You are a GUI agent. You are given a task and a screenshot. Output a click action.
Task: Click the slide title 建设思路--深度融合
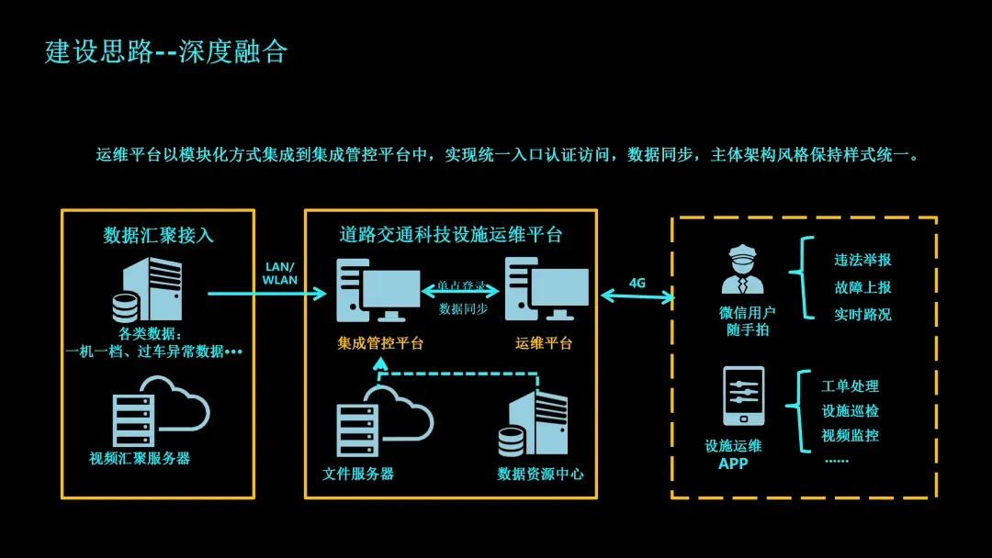[166, 51]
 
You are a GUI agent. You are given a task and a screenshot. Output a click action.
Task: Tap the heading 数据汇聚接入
[158, 235]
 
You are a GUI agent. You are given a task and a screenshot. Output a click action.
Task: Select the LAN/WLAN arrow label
[280, 273]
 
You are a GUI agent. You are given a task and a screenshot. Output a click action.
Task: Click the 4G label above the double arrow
[637, 283]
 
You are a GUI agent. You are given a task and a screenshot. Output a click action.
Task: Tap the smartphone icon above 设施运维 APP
[743, 396]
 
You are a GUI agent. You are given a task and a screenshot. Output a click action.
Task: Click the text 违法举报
[862, 260]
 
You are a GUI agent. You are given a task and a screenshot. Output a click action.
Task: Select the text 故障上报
[862, 287]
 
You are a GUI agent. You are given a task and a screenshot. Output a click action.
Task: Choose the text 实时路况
[862, 314]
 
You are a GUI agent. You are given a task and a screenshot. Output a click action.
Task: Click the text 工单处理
[850, 386]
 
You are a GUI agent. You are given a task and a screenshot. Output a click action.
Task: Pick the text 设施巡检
[850, 410]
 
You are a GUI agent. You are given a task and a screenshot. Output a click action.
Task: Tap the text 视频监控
[850, 435]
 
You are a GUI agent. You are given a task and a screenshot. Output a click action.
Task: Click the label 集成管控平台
[380, 343]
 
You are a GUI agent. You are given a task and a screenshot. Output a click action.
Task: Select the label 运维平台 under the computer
[544, 343]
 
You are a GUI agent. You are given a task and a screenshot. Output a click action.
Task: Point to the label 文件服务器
[358, 474]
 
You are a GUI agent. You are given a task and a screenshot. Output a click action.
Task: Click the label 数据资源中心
[540, 474]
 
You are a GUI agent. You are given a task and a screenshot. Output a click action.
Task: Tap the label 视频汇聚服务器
[140, 458]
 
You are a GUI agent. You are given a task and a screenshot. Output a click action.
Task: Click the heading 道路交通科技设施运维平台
[450, 235]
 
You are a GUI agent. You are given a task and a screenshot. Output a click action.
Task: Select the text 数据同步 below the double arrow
[463, 309]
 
